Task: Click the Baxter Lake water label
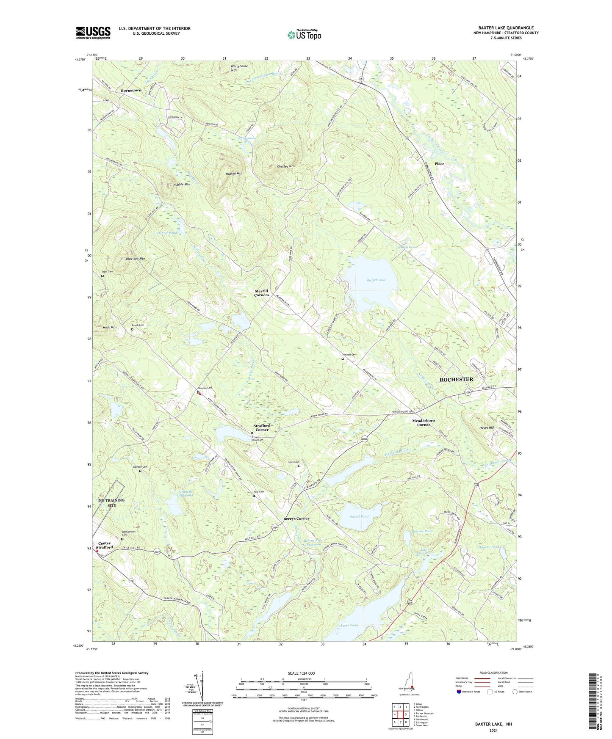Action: point(376,280)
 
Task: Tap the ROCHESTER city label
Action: point(456,380)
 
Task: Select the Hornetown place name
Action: point(130,91)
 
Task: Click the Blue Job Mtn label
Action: point(135,259)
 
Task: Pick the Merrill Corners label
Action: point(261,293)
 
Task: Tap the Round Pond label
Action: point(358,516)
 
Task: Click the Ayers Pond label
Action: point(349,625)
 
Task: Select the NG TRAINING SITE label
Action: point(112,503)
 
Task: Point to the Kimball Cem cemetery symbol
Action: point(343,359)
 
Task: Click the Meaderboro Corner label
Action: point(423,423)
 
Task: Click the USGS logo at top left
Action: point(93,33)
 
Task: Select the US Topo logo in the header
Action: point(304,35)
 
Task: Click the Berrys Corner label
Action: point(296,518)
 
